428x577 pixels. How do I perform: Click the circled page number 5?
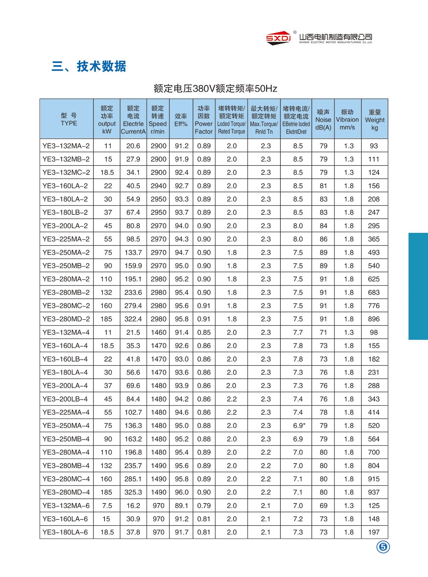tap(383, 547)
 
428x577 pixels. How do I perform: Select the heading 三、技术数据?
tap(89, 66)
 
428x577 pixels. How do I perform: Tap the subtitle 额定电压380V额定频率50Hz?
tap(215, 88)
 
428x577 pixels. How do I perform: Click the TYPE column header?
tap(69, 119)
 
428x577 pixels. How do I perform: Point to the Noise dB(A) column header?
tap(323, 120)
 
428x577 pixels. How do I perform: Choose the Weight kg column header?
tap(374, 120)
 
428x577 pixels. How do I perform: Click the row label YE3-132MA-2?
tap(66, 146)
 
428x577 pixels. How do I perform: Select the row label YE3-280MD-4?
tap(66, 492)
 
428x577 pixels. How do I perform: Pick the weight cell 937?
tap(374, 492)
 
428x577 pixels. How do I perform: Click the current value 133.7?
tap(133, 253)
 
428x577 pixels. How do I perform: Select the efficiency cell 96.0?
tap(182, 492)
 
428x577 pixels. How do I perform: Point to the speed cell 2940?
tap(158, 186)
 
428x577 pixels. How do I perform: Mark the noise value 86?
tap(323, 239)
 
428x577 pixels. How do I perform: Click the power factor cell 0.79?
tap(204, 506)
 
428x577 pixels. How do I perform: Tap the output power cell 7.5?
tap(107, 506)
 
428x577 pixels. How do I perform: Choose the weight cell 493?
tap(374, 253)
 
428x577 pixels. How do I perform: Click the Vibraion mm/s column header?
tap(347, 120)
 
